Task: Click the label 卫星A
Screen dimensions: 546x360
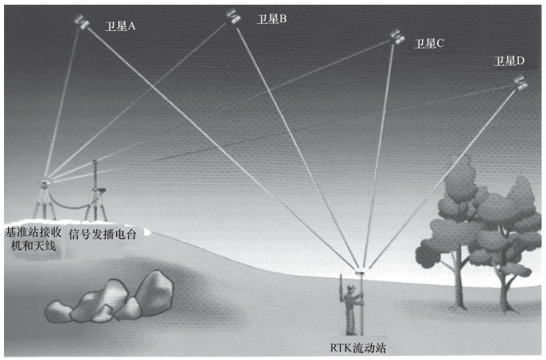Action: tap(120, 25)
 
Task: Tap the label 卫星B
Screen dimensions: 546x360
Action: tap(271, 19)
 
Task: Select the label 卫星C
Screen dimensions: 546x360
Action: tap(428, 43)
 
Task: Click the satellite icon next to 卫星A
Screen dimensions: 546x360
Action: tap(82, 21)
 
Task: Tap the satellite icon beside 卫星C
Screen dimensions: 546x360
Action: tap(397, 36)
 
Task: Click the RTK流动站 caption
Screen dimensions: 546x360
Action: tap(357, 346)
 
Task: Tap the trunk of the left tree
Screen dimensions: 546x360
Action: tap(459, 286)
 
